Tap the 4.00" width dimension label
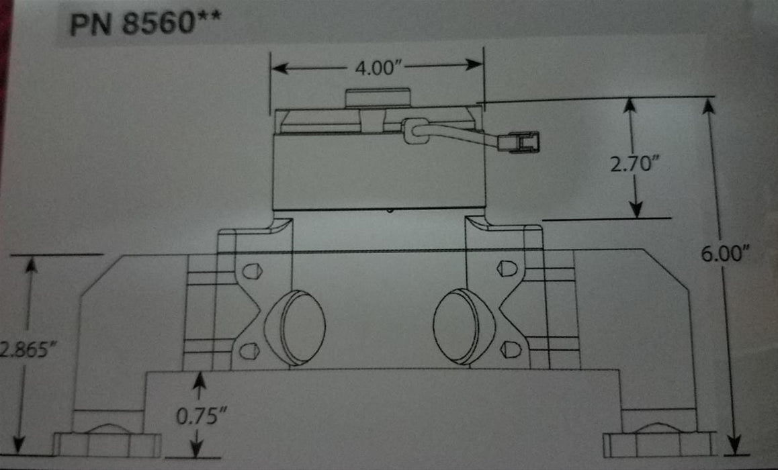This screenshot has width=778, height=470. pos(376,68)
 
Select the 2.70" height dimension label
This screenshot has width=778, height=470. pos(632,163)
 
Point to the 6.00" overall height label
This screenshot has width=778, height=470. pos(726,254)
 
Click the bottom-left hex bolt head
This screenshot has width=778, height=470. pos(107,443)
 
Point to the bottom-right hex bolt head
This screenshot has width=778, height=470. pos(658,443)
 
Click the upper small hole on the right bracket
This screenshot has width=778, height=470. pos(507,269)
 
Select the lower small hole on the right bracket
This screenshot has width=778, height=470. pos(510,348)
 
